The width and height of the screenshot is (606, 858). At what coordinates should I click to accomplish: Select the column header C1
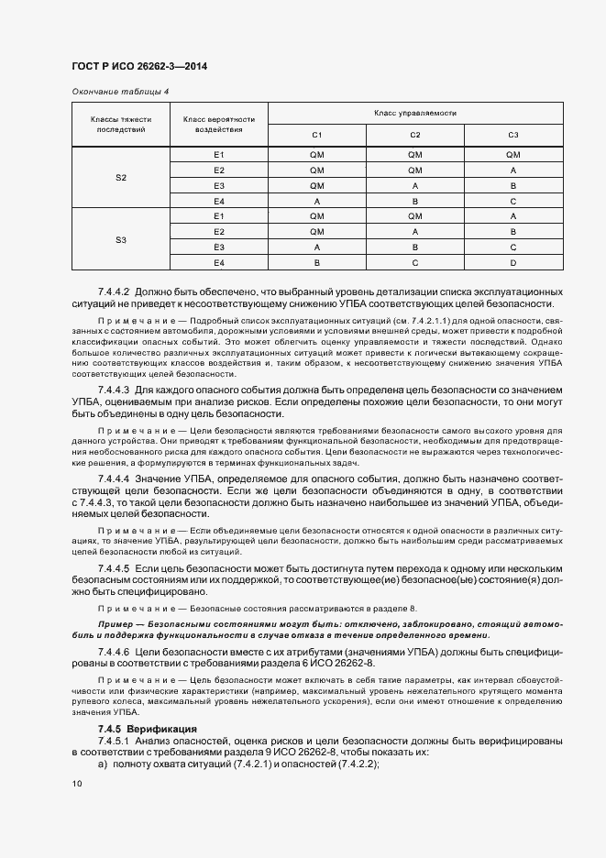click(x=317, y=135)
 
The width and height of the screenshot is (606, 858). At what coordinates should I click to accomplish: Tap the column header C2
click(x=414, y=135)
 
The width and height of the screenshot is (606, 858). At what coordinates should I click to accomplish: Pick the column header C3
click(x=512, y=135)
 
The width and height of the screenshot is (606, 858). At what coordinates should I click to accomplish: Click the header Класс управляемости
click(x=414, y=113)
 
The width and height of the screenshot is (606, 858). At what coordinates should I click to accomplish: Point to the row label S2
click(x=121, y=177)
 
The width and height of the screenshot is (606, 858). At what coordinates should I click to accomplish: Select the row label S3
click(x=121, y=239)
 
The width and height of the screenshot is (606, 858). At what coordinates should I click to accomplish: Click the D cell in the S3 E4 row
click(x=512, y=263)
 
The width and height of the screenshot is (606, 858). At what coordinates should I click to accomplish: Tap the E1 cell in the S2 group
click(x=219, y=154)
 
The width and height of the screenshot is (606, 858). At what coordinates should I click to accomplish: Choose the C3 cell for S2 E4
click(x=512, y=201)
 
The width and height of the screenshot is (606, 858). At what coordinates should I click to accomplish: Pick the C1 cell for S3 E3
click(x=317, y=247)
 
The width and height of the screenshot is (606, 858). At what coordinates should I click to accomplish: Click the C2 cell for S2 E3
click(x=414, y=185)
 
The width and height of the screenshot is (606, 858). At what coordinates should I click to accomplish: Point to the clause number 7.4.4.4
click(x=114, y=478)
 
